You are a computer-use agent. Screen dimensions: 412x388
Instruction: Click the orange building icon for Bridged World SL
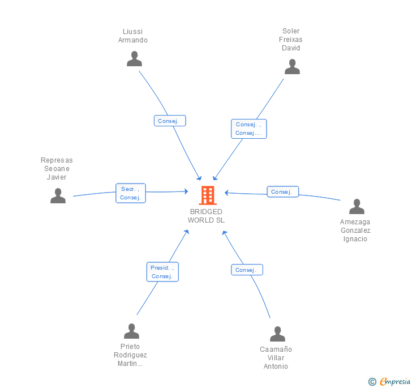(208, 195)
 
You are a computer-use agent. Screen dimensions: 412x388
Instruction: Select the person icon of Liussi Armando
(134, 58)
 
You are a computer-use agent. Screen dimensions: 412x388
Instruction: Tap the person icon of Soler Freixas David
(292, 66)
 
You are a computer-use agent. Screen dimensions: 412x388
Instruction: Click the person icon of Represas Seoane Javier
(58, 196)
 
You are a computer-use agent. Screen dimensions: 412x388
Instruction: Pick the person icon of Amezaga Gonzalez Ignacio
(357, 207)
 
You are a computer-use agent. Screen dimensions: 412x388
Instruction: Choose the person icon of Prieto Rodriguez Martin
(131, 331)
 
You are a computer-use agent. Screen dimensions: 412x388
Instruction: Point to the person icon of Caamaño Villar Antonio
(277, 334)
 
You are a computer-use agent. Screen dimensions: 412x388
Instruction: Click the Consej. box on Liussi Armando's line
(170, 121)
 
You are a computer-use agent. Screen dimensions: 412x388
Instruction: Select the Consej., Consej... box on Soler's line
(249, 129)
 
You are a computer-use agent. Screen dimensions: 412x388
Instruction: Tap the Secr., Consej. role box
(131, 193)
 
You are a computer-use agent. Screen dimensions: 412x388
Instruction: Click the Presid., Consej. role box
(162, 272)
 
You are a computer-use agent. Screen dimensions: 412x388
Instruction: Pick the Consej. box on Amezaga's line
(283, 192)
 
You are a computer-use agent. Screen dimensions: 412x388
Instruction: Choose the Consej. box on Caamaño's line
(247, 270)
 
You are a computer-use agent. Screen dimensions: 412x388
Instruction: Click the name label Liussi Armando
(132, 36)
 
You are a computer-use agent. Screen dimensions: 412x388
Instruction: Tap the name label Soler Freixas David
(291, 40)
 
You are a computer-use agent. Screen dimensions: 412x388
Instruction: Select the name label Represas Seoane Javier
(57, 169)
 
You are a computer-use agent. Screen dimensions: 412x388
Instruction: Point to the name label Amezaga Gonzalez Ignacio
(355, 231)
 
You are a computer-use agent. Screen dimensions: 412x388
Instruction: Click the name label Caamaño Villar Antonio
(276, 358)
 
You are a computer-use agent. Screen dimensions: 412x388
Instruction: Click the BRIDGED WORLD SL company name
(206, 216)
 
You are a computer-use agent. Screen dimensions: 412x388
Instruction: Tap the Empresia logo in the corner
(389, 381)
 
